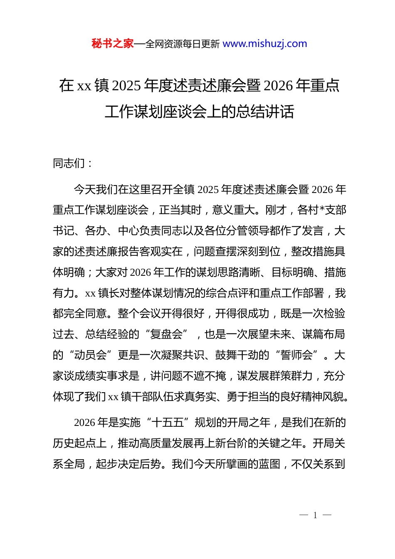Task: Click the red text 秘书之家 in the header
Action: [x=113, y=44]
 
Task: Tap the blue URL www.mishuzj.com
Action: [x=265, y=44]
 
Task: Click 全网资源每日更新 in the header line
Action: [x=183, y=44]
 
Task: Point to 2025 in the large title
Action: [x=127, y=86]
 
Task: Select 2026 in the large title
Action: [x=278, y=86]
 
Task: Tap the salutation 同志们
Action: [x=69, y=163]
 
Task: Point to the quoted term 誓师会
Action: [x=296, y=355]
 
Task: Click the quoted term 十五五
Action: [x=168, y=423]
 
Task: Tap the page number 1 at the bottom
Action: [x=315, y=515]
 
